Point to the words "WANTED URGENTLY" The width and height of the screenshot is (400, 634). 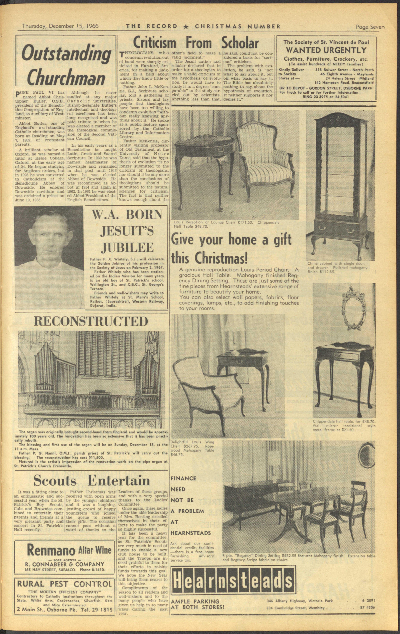coord(326,50)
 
